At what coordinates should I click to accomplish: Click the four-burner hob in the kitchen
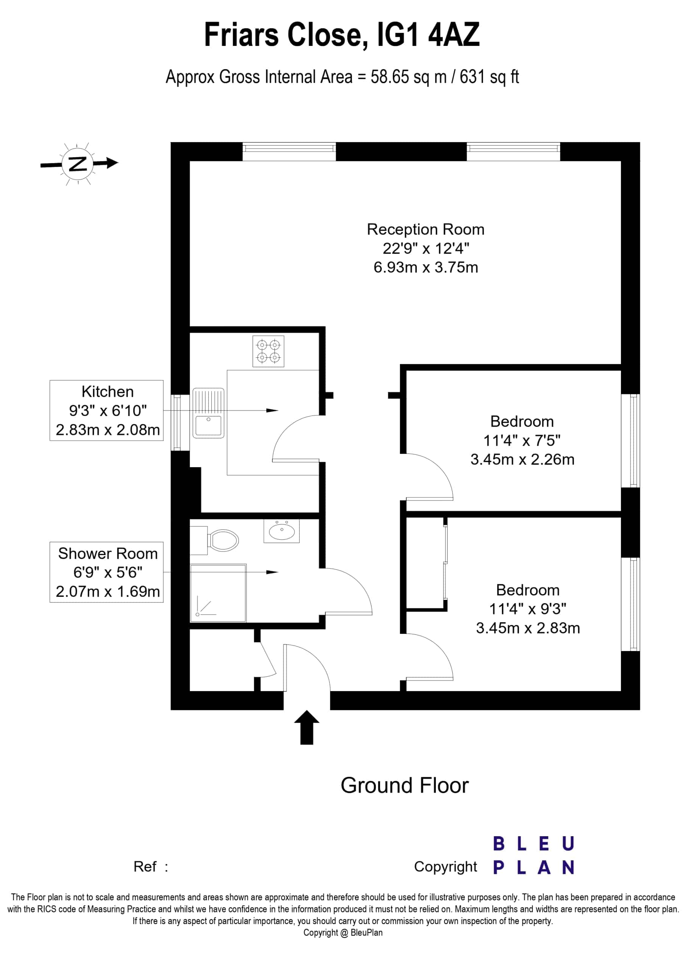(268, 351)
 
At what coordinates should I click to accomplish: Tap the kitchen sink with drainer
(208, 413)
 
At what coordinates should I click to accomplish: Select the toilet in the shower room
(215, 540)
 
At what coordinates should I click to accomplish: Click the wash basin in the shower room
(282, 530)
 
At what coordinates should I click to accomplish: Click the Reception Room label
(425, 229)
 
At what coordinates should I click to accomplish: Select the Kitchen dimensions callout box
(106, 410)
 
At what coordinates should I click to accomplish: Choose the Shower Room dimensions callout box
(106, 572)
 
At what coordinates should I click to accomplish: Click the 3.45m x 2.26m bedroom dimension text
(523, 459)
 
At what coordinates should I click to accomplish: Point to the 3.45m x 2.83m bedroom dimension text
(528, 628)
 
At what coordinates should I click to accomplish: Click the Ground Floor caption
(404, 785)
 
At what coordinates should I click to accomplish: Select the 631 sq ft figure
(489, 77)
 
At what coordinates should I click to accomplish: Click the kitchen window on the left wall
(180, 422)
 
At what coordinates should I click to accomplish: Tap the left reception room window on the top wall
(289, 152)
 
